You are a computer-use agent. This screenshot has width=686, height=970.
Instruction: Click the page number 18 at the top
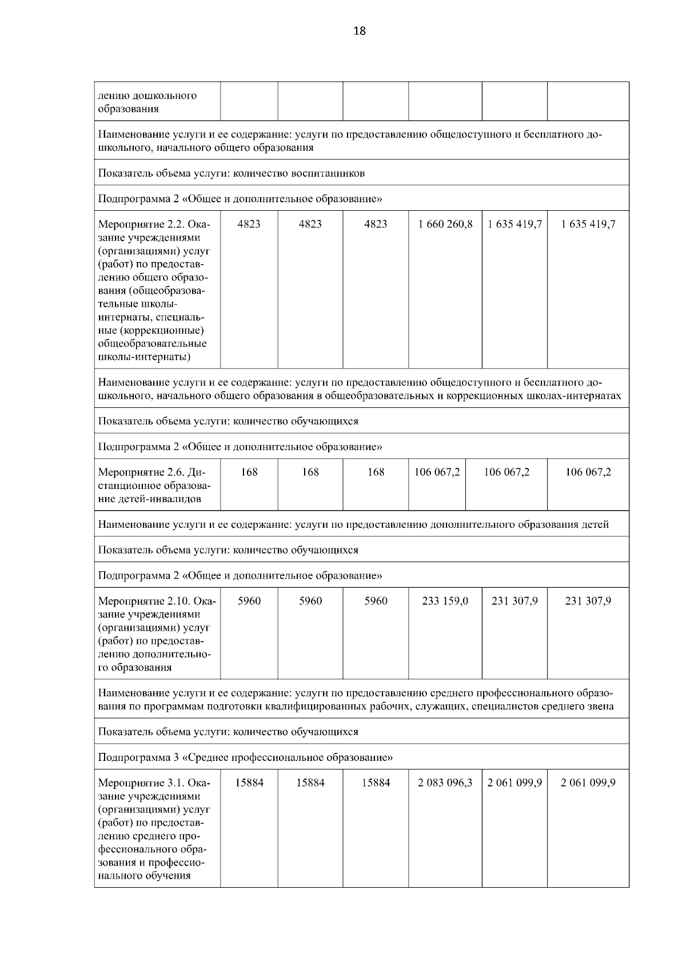pos(360,31)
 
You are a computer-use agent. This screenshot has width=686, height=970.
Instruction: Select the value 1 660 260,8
pos(445,224)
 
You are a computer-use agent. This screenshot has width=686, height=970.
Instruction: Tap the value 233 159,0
pos(445,601)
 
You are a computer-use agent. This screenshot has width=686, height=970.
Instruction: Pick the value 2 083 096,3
pos(445,783)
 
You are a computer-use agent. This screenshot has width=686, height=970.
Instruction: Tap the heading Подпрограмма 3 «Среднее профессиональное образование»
pos(245,757)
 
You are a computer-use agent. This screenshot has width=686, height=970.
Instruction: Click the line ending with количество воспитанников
pos(231,173)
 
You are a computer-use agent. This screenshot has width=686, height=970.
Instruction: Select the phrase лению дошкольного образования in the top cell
pos(147,102)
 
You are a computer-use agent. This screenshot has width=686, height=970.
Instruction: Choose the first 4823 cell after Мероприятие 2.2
pos(249,224)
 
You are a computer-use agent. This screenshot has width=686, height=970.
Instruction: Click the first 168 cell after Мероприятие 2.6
pos(249,472)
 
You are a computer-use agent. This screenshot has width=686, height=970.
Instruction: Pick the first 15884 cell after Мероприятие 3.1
pos(249,783)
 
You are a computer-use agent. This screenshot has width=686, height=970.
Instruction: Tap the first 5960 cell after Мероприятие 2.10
pos(249,601)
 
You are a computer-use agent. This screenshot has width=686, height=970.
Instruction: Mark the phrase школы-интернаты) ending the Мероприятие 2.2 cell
pos(145,357)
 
